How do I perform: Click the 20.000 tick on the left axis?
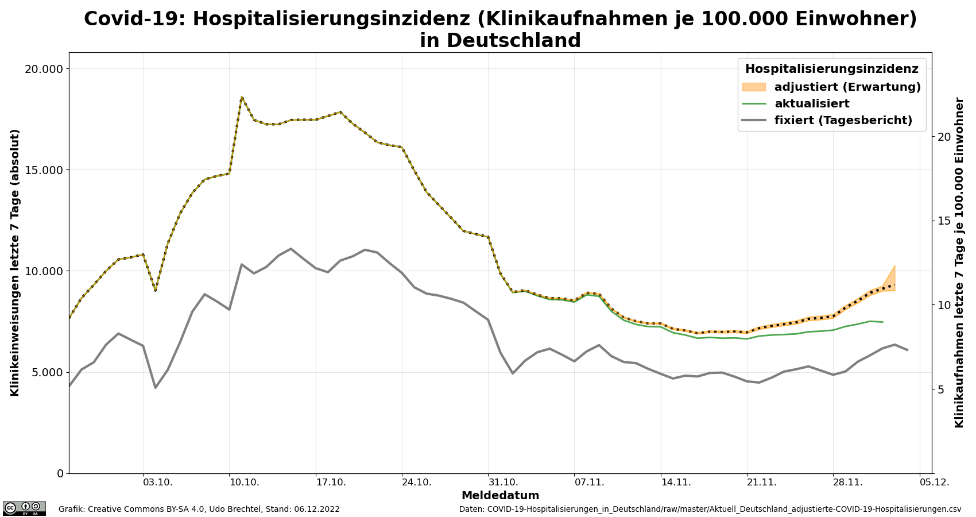click(x=43, y=69)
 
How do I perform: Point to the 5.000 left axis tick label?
click(x=46, y=372)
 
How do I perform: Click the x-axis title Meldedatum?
click(x=500, y=496)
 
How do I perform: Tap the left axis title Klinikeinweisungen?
click(x=15, y=262)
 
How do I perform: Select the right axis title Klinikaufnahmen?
click(x=959, y=262)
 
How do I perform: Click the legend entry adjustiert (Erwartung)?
click(x=847, y=87)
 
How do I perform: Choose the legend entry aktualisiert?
click(x=812, y=104)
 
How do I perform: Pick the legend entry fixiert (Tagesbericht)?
click(x=843, y=121)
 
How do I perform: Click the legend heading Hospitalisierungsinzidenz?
click(x=831, y=70)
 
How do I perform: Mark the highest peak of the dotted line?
click(x=242, y=97)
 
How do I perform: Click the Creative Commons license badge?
click(x=24, y=508)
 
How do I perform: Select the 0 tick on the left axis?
click(x=59, y=473)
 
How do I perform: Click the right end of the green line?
click(x=882, y=322)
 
